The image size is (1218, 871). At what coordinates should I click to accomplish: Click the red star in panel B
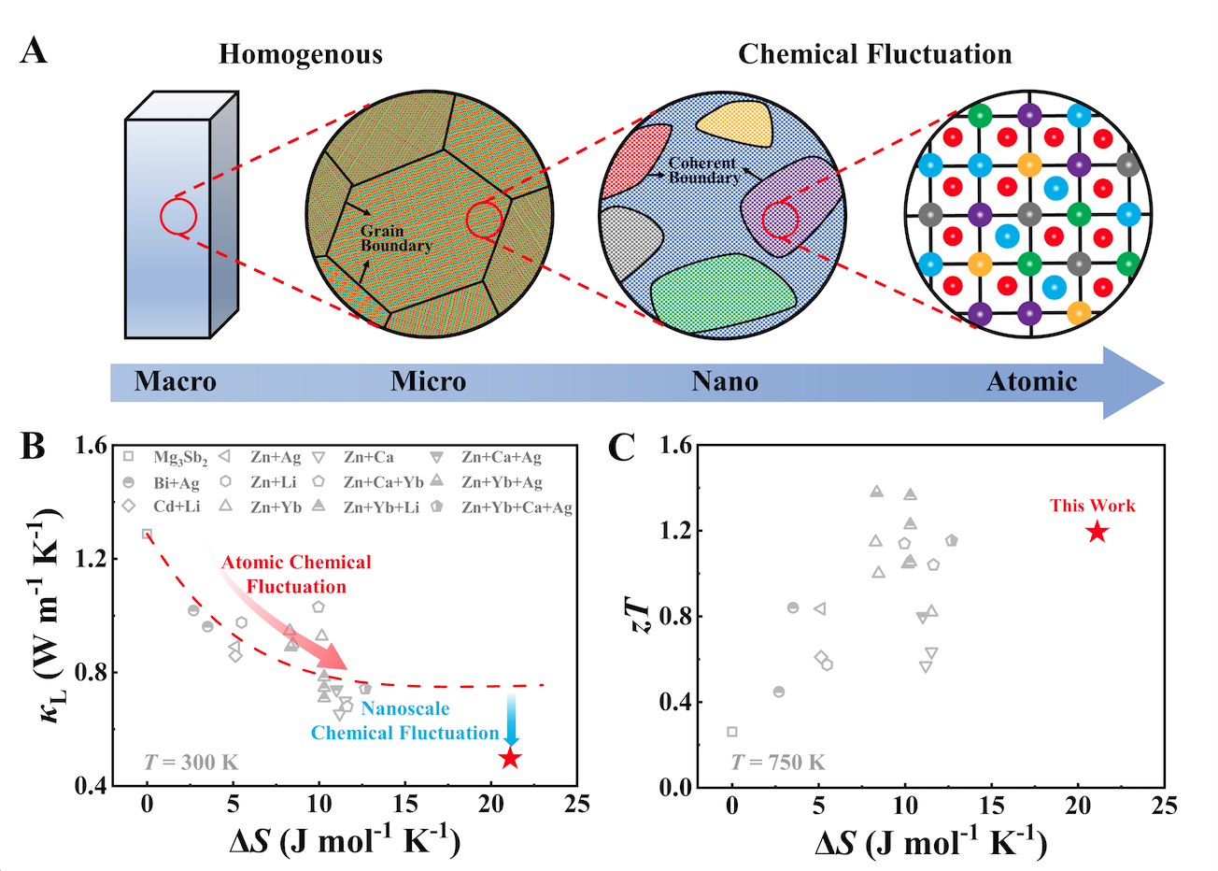pos(509,758)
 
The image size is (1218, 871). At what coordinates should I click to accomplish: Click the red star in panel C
pos(1097,532)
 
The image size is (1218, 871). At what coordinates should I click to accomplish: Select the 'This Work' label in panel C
pos(1092,506)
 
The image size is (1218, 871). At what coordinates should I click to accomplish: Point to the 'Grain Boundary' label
pos(395,238)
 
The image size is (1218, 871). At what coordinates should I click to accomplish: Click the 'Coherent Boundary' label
pos(703,170)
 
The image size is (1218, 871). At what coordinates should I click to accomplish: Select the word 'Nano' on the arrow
pos(725,381)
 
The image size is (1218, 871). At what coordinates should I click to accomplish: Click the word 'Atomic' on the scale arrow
pos(1031,381)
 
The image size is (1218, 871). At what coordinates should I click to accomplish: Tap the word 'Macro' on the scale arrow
pos(176,381)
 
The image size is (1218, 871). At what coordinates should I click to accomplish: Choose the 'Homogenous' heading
pos(301,54)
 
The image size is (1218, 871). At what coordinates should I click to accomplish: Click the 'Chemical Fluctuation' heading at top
pos(874,54)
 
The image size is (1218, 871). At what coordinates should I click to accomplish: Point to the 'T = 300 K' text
pos(191,763)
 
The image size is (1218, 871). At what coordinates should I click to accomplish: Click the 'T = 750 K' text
pos(777,763)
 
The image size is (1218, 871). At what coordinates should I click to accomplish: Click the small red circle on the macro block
pos(177,216)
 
